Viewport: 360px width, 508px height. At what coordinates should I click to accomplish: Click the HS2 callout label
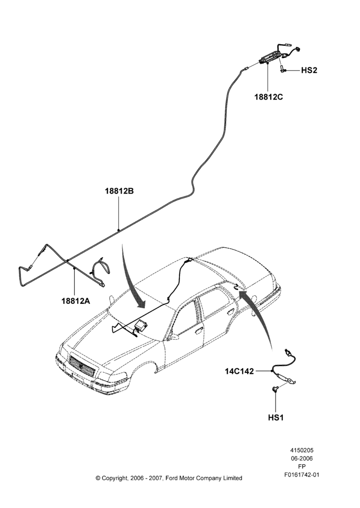pyautogui.click(x=309, y=70)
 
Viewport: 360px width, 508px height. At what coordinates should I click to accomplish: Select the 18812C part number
pyautogui.click(x=268, y=97)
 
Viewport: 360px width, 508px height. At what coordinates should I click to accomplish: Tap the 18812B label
pyautogui.click(x=119, y=191)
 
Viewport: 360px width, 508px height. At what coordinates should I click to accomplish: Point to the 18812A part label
pyautogui.click(x=76, y=301)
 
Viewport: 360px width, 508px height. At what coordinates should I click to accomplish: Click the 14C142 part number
pyautogui.click(x=239, y=371)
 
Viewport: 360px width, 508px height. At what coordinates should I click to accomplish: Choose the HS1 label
pyautogui.click(x=276, y=418)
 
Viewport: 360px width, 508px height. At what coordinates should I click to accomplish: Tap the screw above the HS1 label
pyautogui.click(x=275, y=389)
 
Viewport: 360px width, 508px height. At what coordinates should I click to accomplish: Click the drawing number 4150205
pyautogui.click(x=302, y=450)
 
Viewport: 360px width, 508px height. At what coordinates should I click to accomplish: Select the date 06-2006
pyautogui.click(x=302, y=458)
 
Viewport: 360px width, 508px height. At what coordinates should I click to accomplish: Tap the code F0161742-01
pyautogui.click(x=302, y=475)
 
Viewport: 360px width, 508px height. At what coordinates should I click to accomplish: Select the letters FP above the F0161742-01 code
pyautogui.click(x=302, y=467)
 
